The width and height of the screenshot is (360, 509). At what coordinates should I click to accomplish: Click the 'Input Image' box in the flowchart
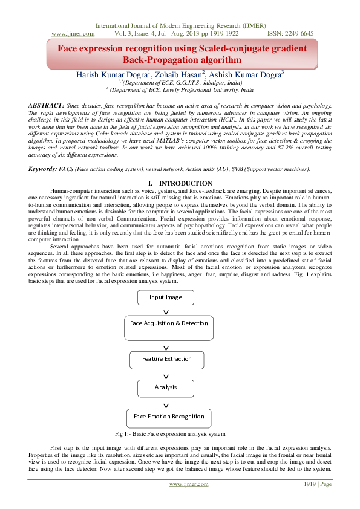(x=165, y=297)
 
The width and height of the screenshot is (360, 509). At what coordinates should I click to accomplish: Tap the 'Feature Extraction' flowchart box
(x=166, y=359)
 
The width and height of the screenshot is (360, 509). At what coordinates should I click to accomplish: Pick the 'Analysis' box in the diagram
(x=165, y=387)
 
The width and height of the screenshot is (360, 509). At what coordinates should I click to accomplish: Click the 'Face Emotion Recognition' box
(x=169, y=417)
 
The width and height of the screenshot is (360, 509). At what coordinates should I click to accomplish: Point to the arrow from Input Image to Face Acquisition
(x=165, y=310)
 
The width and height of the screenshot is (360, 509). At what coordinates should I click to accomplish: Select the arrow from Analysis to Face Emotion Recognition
(x=166, y=402)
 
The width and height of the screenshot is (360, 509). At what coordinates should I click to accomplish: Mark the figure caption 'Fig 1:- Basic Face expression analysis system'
(x=170, y=433)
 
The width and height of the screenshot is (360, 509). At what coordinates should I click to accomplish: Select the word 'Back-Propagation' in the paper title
(x=159, y=60)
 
